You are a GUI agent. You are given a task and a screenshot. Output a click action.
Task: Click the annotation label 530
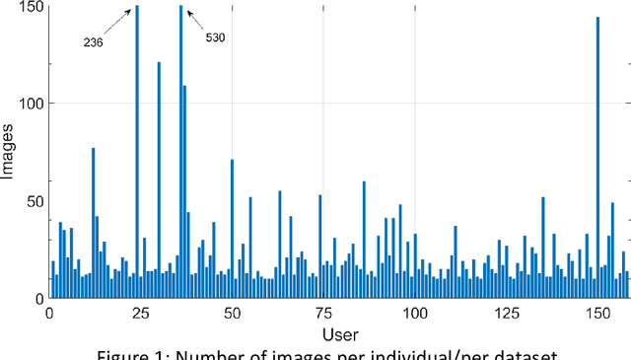pos(215,37)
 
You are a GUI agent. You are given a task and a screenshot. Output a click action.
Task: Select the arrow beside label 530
pos(193,18)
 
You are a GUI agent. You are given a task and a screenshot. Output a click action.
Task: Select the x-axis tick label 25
pos(140,313)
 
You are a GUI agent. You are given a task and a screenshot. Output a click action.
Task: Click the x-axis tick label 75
pos(322,313)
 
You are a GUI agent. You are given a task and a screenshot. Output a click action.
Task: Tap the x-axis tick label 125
pos(505,313)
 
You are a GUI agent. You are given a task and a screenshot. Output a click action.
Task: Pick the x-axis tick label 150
pos(596,313)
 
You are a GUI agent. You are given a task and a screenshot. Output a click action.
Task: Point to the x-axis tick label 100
pos(414,313)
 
